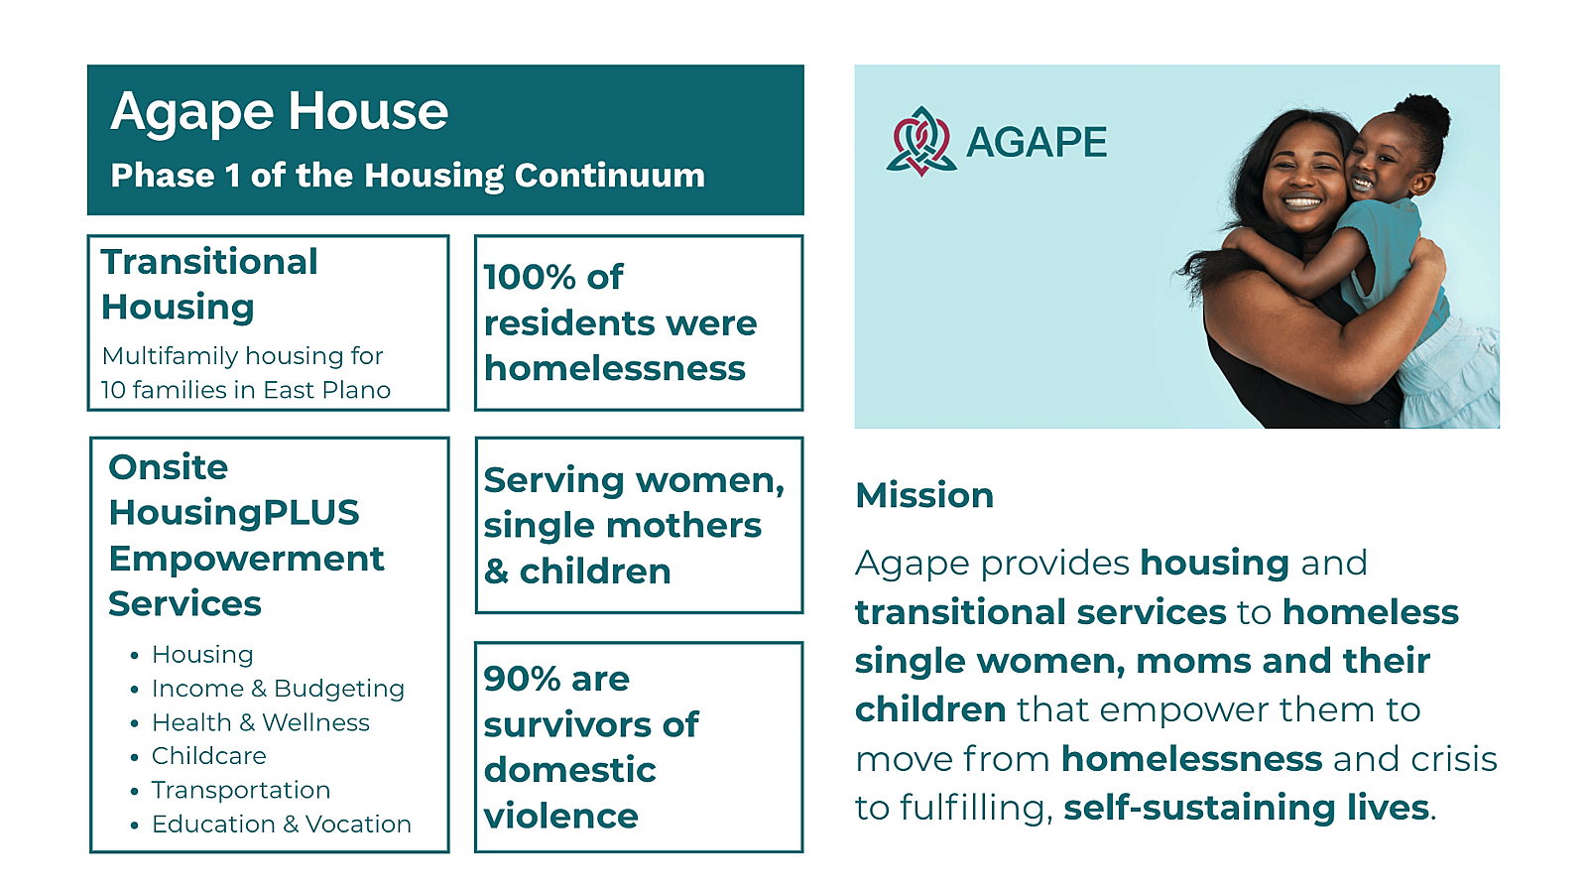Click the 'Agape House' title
(279, 113)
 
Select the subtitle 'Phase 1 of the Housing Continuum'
(408, 176)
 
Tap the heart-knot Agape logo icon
(921, 141)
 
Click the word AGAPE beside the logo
(1037, 143)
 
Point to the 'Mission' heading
(924, 495)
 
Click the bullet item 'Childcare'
(209, 756)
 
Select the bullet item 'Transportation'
(241, 790)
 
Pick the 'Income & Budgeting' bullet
(278, 689)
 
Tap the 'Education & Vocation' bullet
(282, 824)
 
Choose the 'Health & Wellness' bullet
(261, 722)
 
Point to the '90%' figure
(522, 680)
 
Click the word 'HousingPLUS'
(234, 513)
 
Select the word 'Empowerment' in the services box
(246, 560)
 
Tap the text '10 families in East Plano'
(246, 390)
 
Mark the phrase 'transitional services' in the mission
(1040, 612)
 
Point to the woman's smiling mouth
(1302, 202)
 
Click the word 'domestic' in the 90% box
(569, 770)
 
